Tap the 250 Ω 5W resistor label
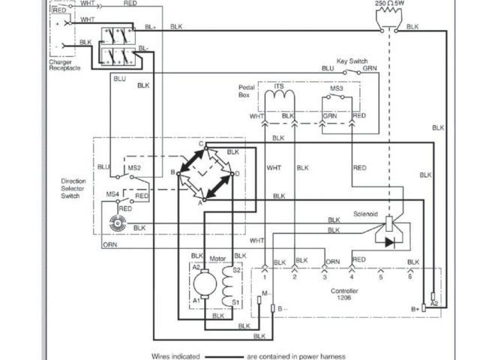click(x=390, y=4)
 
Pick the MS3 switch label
click(x=337, y=88)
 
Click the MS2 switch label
click(x=134, y=167)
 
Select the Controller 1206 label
click(x=345, y=294)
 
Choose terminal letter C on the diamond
click(x=201, y=142)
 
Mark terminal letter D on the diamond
click(x=237, y=174)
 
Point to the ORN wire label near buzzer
click(x=109, y=244)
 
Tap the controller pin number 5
click(x=380, y=277)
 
